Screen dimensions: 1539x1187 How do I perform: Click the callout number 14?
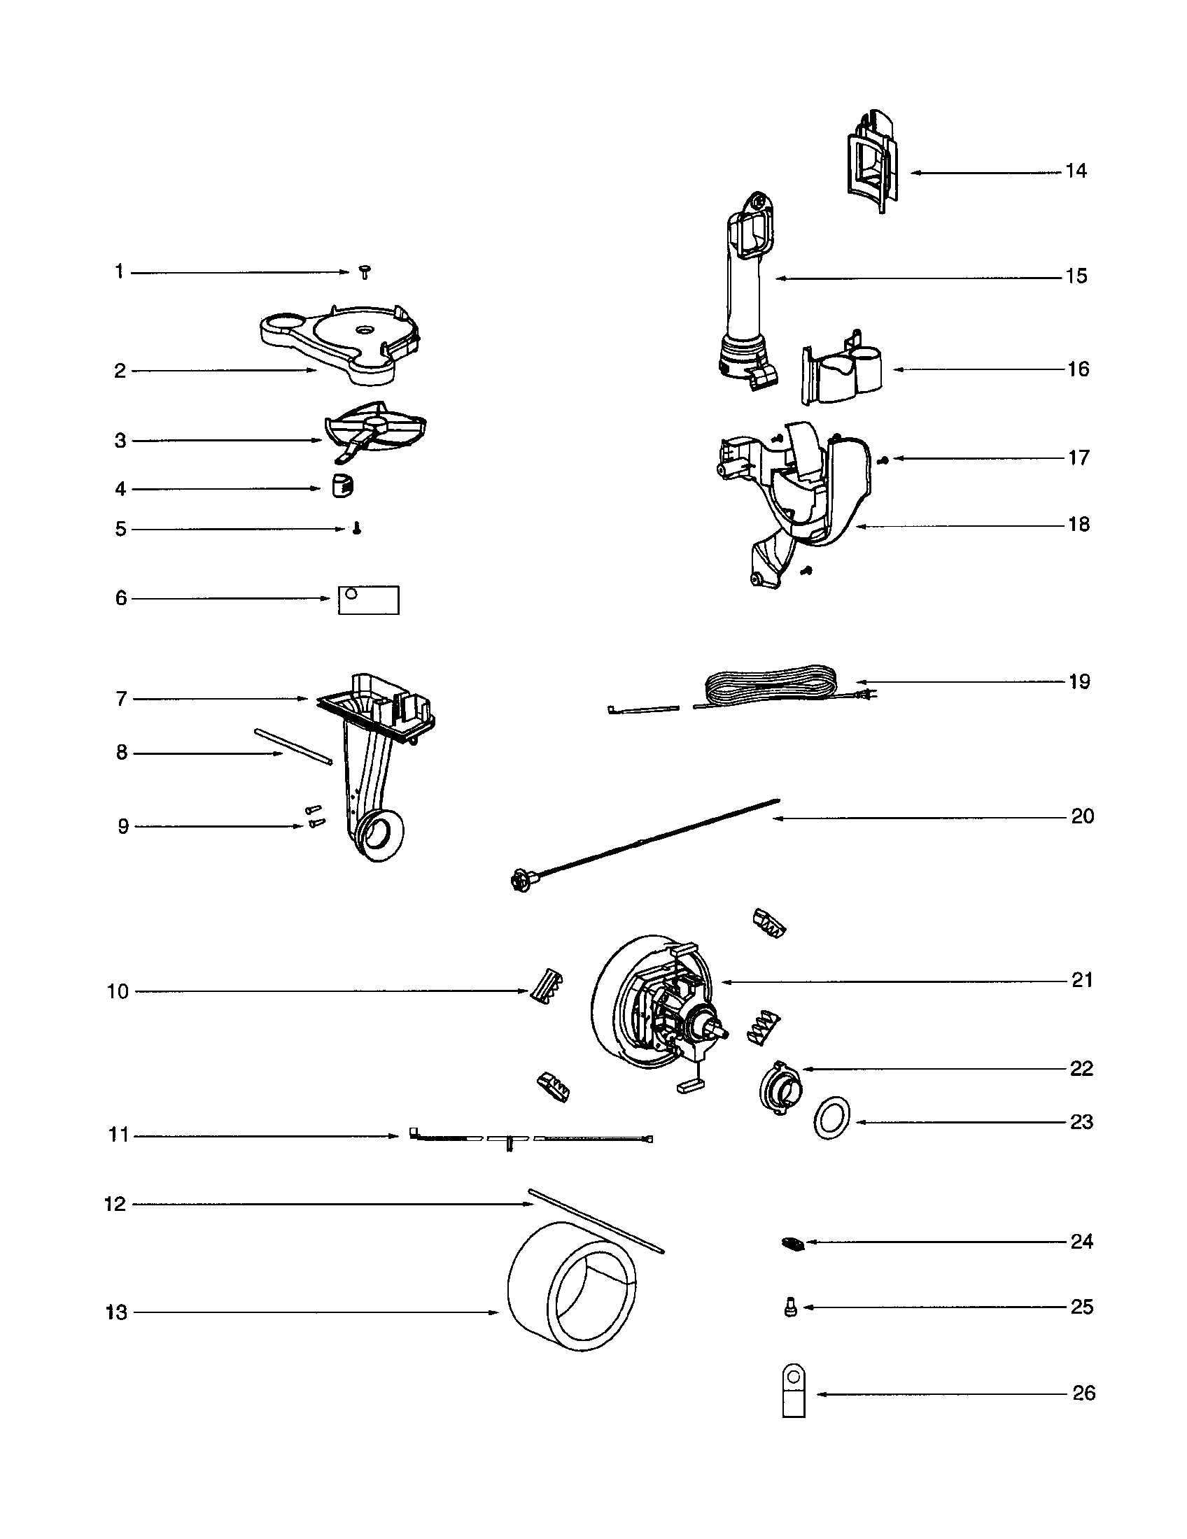click(x=1076, y=171)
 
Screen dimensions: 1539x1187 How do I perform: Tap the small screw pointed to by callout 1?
click(x=365, y=272)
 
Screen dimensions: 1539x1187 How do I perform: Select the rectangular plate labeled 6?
click(x=369, y=600)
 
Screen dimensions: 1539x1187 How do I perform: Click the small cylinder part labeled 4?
click(x=342, y=485)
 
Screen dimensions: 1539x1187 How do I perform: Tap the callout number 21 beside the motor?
click(x=1082, y=980)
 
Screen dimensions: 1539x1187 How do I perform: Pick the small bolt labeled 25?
click(x=790, y=1309)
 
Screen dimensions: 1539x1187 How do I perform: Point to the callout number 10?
click(x=118, y=992)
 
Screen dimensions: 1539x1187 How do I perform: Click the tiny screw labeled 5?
click(x=357, y=528)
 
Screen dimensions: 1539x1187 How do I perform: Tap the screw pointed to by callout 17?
click(x=884, y=460)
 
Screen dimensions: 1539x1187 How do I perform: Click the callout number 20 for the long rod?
click(x=1082, y=816)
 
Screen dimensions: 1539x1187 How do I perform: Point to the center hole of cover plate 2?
click(x=365, y=328)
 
